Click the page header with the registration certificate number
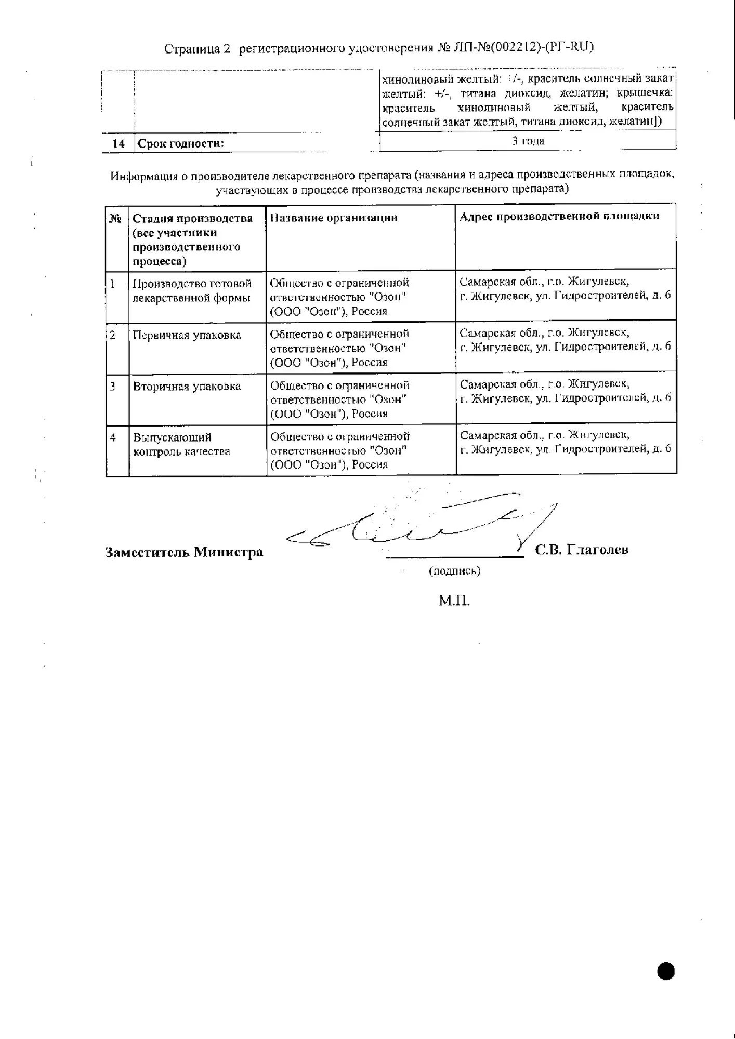[x=378, y=48]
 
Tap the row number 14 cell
[x=119, y=143]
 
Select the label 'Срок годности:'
[x=181, y=143]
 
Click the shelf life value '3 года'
[x=528, y=141]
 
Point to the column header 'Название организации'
[x=334, y=218]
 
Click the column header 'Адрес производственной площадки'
[x=559, y=216]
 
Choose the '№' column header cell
[x=115, y=219]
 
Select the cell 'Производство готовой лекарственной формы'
[x=192, y=290]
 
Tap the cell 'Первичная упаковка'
[x=187, y=335]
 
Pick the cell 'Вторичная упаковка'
[x=187, y=387]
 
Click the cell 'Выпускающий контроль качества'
[x=181, y=444]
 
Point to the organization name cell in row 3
[x=339, y=399]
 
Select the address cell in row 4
[x=565, y=442]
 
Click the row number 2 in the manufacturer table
[x=113, y=335]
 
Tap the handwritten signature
[x=421, y=525]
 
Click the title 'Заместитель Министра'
[x=184, y=552]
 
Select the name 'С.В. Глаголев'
[x=582, y=550]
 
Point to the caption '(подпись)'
[x=454, y=571]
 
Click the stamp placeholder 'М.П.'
[x=454, y=601]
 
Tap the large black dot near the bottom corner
[x=665, y=970]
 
